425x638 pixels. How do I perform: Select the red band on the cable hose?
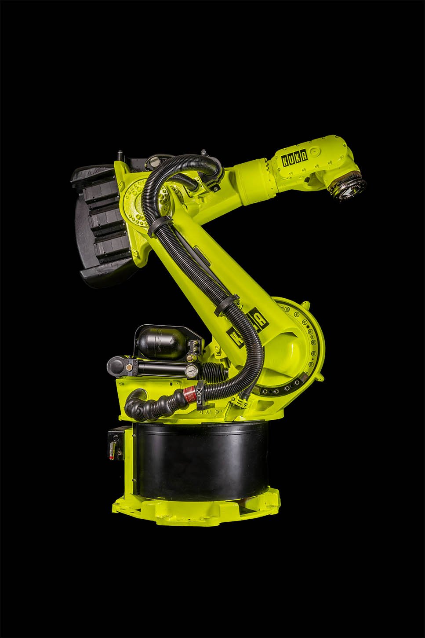point(190,394)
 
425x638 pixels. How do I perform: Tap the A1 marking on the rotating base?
point(206,413)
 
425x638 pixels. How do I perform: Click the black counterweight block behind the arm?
point(101,224)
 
